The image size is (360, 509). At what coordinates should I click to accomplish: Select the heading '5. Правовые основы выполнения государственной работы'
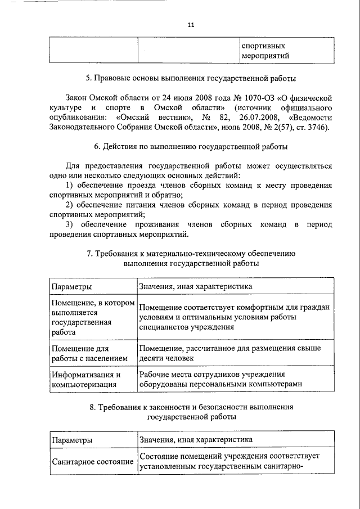[195, 78]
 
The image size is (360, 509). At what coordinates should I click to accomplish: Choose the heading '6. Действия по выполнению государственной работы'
[191, 147]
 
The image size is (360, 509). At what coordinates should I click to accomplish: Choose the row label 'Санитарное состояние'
[92, 461]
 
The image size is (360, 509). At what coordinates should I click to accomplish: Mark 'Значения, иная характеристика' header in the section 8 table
[196, 439]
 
